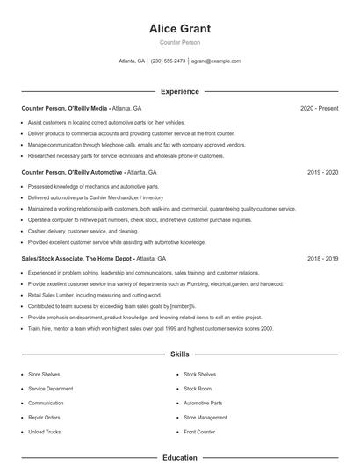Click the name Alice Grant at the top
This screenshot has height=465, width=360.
click(x=179, y=29)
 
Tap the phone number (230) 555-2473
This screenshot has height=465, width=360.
click(x=168, y=61)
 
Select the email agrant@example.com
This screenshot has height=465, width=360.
click(x=216, y=61)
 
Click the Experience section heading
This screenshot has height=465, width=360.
click(x=179, y=91)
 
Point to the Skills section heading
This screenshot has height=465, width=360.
click(x=179, y=354)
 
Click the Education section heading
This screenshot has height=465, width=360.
click(x=179, y=457)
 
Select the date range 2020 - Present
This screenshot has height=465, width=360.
click(x=319, y=108)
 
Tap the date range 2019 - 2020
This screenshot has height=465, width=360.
click(x=322, y=173)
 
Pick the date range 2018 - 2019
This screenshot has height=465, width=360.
click(x=322, y=259)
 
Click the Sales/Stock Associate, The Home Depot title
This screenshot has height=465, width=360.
click(x=77, y=259)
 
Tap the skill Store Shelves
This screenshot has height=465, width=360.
click(x=44, y=374)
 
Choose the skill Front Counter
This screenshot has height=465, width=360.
click(x=199, y=432)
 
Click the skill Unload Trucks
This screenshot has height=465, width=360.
click(x=45, y=432)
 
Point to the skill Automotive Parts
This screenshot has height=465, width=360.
click(x=203, y=403)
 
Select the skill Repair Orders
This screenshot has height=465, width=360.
click(x=44, y=418)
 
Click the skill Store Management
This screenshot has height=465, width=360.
click(x=205, y=418)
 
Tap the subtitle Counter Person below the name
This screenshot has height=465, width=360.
click(x=179, y=43)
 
